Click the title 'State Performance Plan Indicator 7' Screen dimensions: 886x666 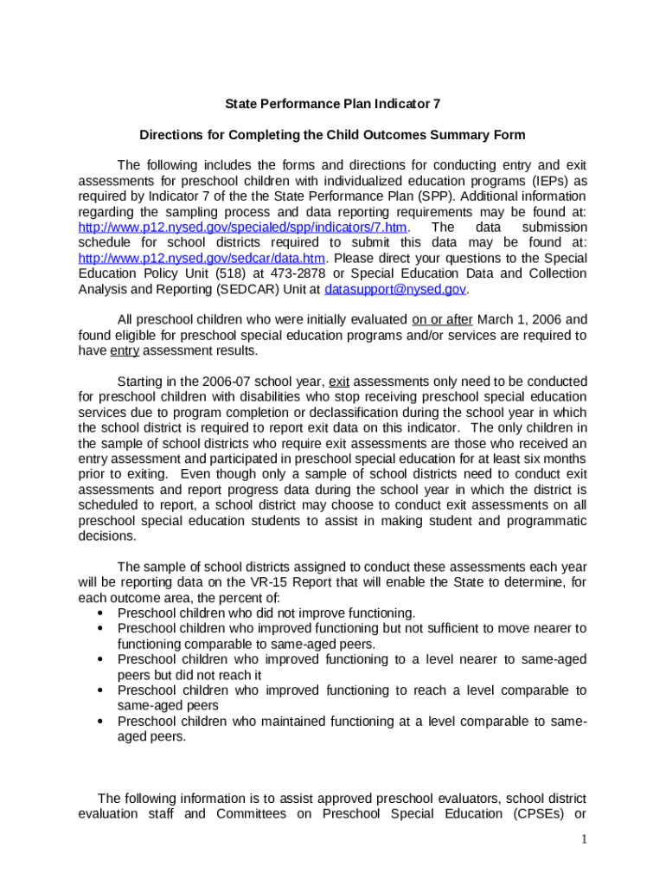pos(333,104)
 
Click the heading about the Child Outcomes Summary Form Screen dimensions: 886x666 pos(333,136)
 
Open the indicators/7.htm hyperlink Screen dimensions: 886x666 pos(242,228)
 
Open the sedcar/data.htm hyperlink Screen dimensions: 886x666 pos(202,259)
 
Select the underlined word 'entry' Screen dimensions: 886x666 pos(125,350)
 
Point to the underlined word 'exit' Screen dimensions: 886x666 pos(339,382)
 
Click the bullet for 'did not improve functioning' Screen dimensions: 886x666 pos(103,613)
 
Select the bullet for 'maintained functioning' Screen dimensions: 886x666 pos(103,722)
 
